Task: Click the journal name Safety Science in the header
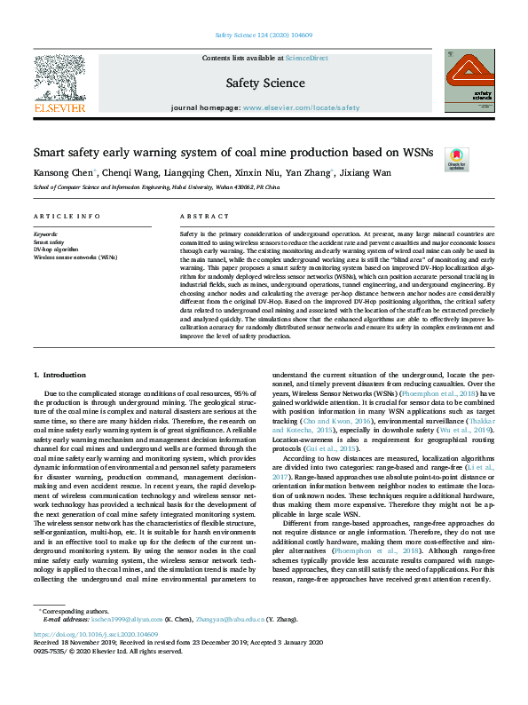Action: tap(264, 83)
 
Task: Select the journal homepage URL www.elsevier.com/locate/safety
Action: tap(301, 107)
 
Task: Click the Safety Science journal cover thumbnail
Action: tap(469, 81)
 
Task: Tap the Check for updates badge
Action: tap(456, 158)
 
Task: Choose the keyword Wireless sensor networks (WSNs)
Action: tap(75, 257)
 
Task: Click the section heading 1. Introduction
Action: tap(59, 376)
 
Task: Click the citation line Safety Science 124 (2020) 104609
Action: tap(264, 36)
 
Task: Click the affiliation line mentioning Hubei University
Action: tap(156, 188)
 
